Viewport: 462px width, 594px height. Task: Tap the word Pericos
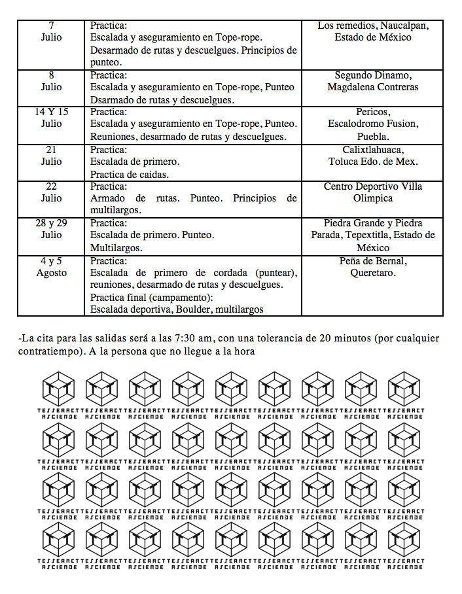pos(373,112)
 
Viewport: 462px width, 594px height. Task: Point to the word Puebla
pos(373,137)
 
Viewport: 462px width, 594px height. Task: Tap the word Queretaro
pos(373,273)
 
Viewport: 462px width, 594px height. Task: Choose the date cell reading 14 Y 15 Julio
pos(52,118)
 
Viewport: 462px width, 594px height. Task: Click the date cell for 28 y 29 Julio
pos(52,229)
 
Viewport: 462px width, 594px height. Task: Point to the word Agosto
pos(52,273)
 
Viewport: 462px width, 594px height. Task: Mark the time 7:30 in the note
pos(187,338)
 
